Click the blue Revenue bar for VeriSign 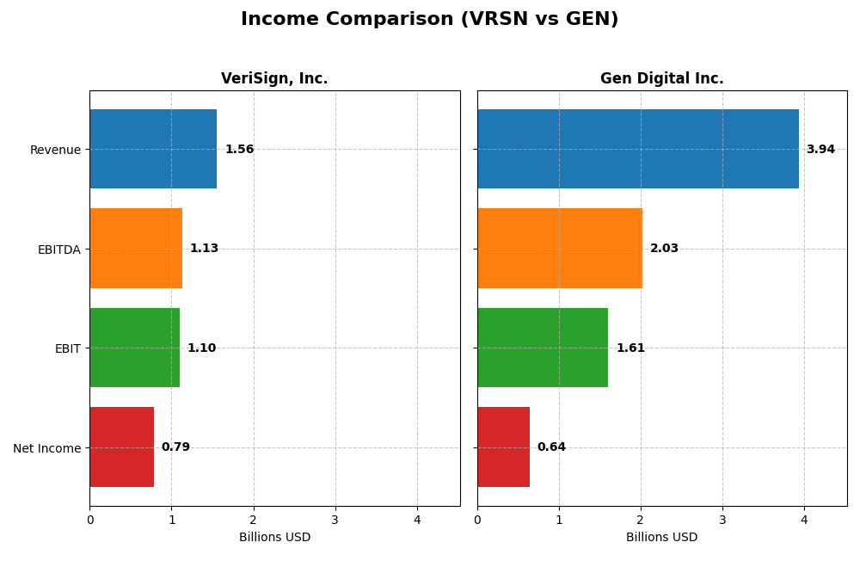pos(153,149)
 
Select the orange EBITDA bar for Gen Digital pos(559,249)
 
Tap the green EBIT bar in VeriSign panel pos(134,348)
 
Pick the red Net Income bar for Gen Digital pos(503,447)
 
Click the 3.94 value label pos(820,150)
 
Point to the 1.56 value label pos(239,150)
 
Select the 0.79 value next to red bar pos(175,447)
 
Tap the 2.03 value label pos(664,249)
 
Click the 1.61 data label pos(630,348)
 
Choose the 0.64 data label pos(551,447)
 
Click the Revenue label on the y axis pos(55,150)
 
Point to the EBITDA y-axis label pos(58,250)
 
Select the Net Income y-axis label pos(46,448)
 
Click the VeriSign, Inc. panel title pos(274,79)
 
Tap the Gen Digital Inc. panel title pos(661,79)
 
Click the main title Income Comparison pos(429,20)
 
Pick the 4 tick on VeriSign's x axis pos(417,520)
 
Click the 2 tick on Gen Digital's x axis pos(641,520)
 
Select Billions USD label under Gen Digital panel pos(661,538)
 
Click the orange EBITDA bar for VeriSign pos(136,249)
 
